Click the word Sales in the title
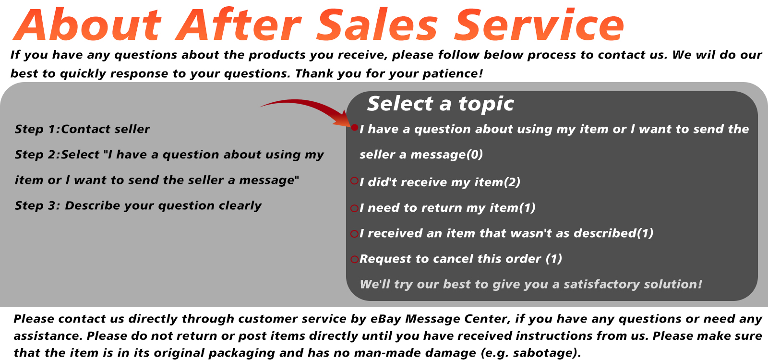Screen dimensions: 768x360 coord(377,24)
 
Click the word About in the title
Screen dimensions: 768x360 coord(87,24)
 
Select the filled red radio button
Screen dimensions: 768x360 coord(355,128)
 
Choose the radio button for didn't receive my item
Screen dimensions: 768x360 coord(355,180)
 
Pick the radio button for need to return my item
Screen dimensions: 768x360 coord(355,208)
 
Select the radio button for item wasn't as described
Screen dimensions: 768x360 coord(355,234)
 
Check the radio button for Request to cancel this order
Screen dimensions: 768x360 coord(355,259)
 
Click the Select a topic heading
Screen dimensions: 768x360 coord(441,104)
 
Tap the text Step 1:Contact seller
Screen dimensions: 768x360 coord(82,129)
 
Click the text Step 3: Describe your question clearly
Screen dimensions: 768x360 coord(138,206)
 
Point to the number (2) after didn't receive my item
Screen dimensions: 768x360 coord(512,182)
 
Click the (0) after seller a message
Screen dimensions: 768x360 coord(474,155)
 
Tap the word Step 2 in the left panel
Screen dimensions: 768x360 coord(35,155)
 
